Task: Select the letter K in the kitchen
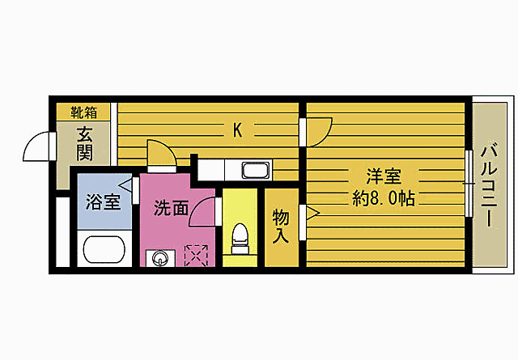(237, 129)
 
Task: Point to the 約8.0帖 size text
(384, 198)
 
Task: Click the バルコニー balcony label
(488, 185)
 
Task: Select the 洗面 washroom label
(171, 208)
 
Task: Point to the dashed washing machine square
(197, 256)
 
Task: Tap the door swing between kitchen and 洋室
(320, 129)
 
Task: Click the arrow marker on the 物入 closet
(312, 214)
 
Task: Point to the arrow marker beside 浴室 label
(126, 186)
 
